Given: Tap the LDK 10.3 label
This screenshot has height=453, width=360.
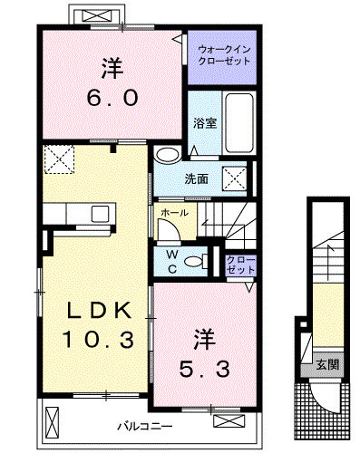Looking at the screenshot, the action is (x=99, y=324).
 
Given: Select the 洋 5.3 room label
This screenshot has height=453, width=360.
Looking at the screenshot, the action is (x=205, y=352).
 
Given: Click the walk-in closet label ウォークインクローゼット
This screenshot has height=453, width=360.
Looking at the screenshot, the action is (x=224, y=55).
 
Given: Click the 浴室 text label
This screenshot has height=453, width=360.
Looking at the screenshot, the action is (x=205, y=122).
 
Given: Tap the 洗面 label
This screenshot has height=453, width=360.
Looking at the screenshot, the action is (x=197, y=179).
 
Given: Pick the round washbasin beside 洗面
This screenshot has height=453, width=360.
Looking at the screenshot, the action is (x=167, y=155).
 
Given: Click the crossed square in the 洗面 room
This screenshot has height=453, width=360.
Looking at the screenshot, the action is (x=235, y=178).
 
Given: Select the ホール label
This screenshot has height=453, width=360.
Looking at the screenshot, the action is (x=174, y=213).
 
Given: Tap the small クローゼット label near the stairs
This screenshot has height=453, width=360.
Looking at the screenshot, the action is (x=241, y=265).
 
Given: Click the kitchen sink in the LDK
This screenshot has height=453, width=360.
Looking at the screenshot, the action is (x=100, y=214).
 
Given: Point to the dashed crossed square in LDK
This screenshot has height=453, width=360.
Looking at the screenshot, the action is (x=59, y=159).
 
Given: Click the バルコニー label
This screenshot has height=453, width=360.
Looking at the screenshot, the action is (x=145, y=427).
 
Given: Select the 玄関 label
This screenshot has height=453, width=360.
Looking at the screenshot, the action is (x=327, y=365).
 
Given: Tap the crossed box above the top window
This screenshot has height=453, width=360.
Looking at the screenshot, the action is (x=96, y=15).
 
